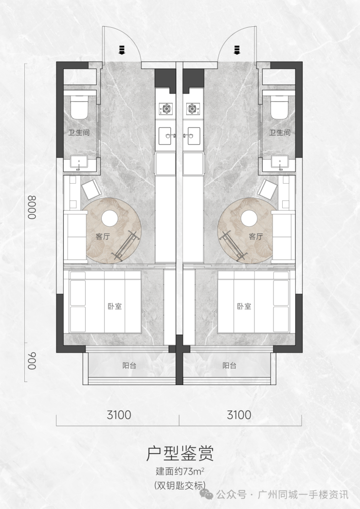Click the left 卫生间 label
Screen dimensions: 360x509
click(79, 132)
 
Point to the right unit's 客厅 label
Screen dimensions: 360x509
click(256, 236)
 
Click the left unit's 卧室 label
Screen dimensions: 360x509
click(115, 306)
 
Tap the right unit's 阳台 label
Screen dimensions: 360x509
click(230, 366)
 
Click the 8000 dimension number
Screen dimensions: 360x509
click(32, 207)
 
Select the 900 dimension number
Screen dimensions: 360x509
click(32, 361)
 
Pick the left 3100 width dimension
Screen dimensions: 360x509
click(119, 415)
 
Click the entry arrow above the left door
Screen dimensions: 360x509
click(122, 50)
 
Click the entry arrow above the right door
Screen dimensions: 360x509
click(237, 50)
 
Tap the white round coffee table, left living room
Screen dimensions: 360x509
click(109, 218)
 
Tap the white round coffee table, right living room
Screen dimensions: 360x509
click(249, 218)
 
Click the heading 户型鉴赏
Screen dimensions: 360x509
click(180, 454)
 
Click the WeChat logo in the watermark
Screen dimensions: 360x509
click(207, 494)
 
